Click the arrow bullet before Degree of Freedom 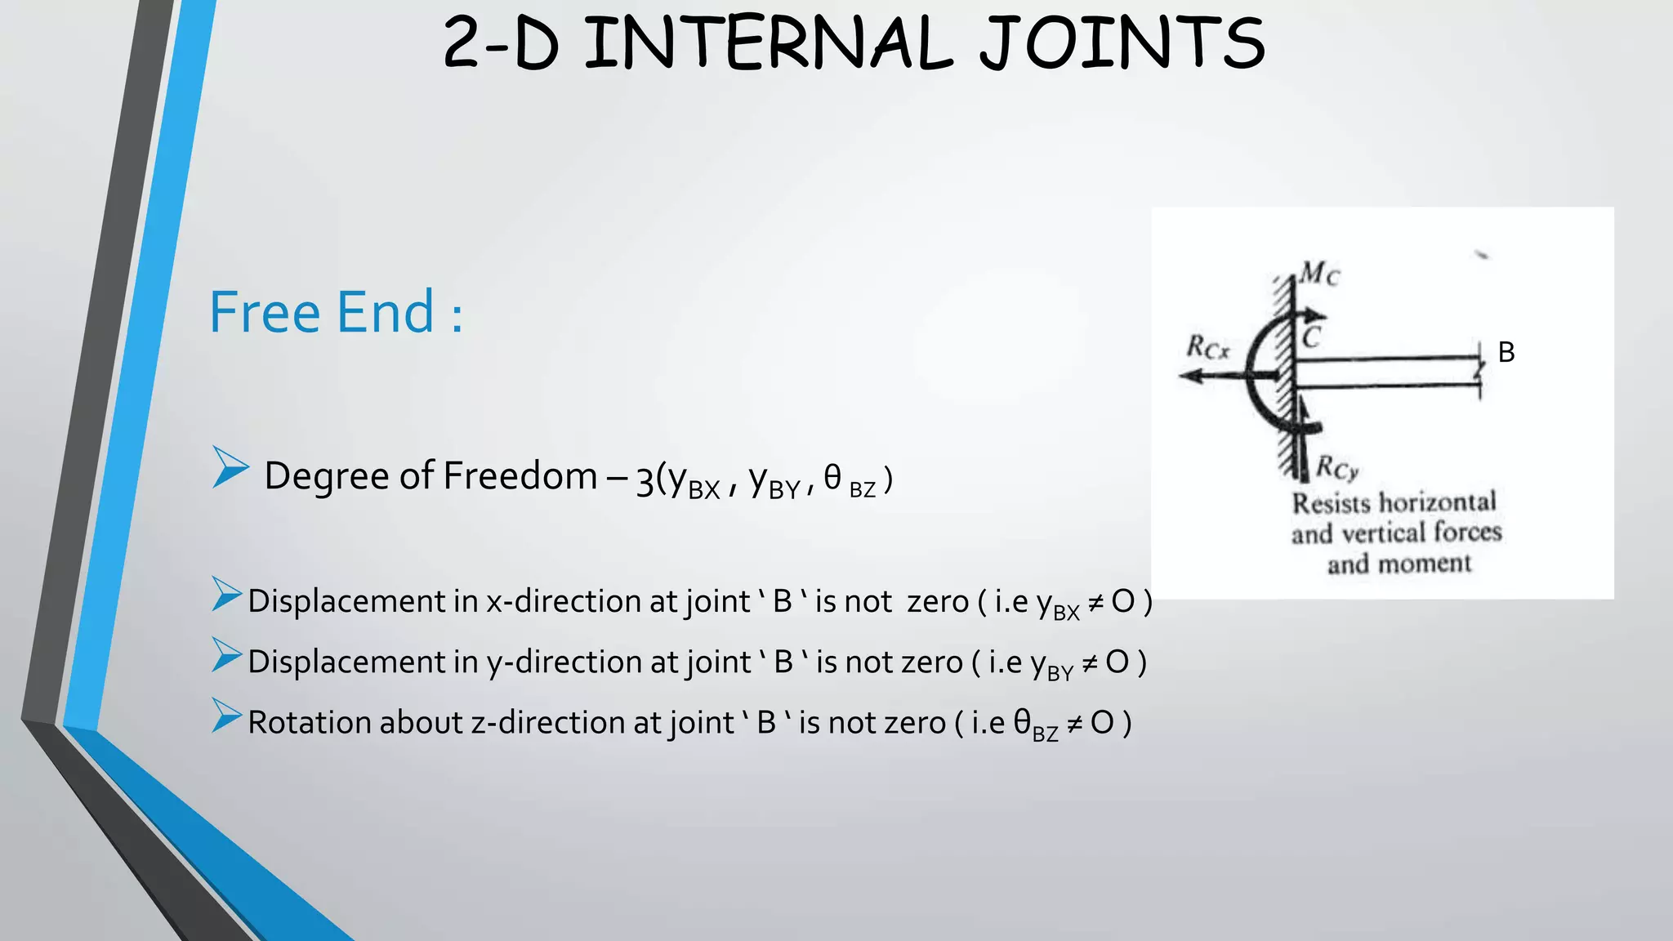point(230,467)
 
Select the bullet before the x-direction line point(226,594)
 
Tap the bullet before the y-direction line point(226,655)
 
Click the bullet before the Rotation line point(226,716)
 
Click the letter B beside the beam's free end point(1506,352)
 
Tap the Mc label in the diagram point(1319,273)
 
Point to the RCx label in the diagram point(1207,348)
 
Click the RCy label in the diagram point(1337,468)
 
